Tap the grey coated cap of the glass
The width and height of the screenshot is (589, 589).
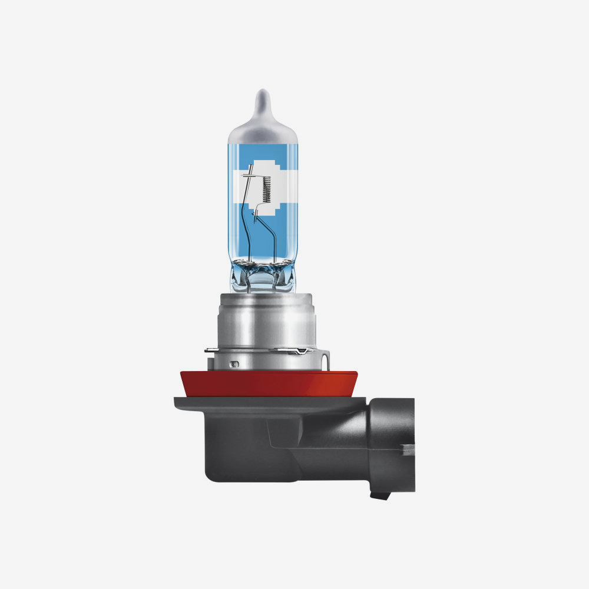pyautogui.click(x=263, y=127)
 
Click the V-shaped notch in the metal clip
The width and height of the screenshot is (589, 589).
pyautogui.click(x=302, y=352)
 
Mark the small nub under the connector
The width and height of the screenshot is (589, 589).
pyautogui.click(x=376, y=495)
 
